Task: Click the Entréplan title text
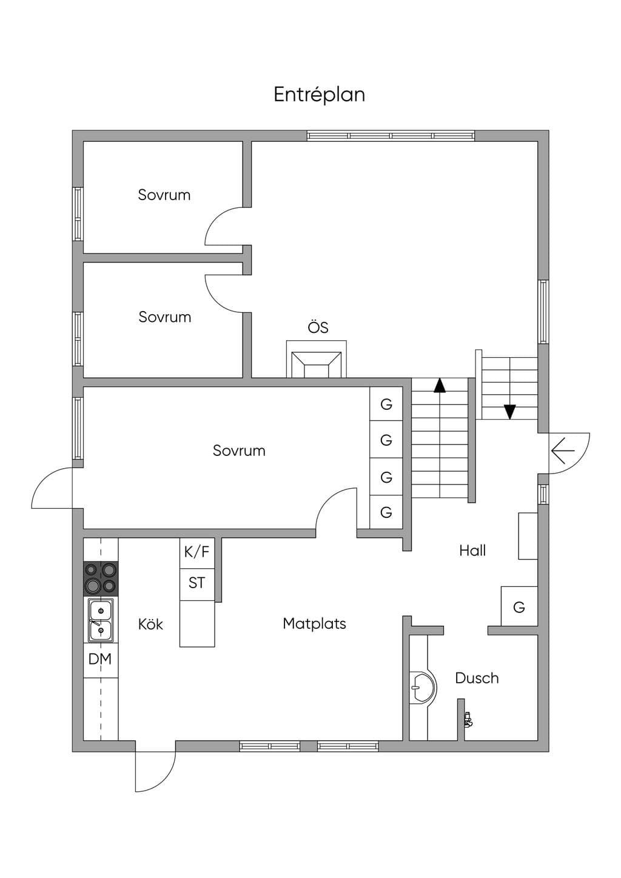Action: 319,95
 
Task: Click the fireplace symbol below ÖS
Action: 317,359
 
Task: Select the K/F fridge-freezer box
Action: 197,552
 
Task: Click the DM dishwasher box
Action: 101,659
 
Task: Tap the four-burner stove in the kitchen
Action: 101,578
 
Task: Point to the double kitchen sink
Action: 101,620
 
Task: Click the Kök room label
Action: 150,624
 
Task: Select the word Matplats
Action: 314,623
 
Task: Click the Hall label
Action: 472,551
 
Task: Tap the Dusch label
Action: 477,678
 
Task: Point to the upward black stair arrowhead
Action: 440,385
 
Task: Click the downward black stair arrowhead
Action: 509,412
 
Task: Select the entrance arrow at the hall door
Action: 563,451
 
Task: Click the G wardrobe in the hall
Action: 519,606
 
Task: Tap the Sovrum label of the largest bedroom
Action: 239,451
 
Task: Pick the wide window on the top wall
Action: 391,136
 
